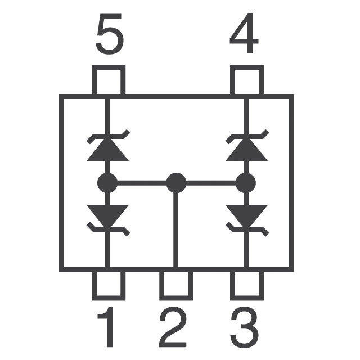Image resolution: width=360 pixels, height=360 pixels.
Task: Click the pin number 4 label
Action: coord(244,33)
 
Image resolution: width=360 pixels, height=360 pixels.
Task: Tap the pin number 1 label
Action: coord(106,327)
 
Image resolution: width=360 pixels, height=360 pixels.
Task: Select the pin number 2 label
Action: coord(173,327)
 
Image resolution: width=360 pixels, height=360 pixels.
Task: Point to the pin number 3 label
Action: coord(245,327)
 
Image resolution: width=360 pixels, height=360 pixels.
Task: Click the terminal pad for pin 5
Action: coord(109,80)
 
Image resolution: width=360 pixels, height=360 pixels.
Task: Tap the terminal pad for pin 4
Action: coord(247,80)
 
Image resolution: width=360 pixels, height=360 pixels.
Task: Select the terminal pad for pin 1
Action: coord(109,286)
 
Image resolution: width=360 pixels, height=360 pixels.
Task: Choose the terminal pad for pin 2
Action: coord(176,286)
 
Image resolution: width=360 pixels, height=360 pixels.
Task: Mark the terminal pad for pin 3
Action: coord(247,286)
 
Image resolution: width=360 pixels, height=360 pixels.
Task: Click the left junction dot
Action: coord(107,183)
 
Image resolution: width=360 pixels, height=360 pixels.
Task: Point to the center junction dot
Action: coord(176,183)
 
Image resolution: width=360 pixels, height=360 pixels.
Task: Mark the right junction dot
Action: coord(246,183)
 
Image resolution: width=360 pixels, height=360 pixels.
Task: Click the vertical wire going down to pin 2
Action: coord(176,230)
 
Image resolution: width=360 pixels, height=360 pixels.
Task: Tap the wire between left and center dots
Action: coord(142,183)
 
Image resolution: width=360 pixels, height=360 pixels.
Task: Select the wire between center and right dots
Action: coord(211,183)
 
